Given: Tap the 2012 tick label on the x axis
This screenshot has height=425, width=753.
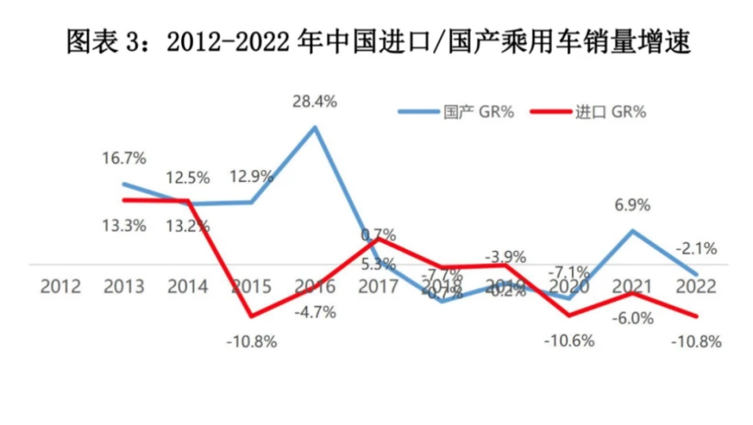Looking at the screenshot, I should pyautogui.click(x=60, y=286).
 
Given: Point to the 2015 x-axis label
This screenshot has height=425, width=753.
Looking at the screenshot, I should pyautogui.click(x=252, y=286).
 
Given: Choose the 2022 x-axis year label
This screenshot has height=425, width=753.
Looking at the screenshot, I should pyautogui.click(x=695, y=286).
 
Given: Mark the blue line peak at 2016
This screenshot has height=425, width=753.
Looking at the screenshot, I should pyautogui.click(x=315, y=127).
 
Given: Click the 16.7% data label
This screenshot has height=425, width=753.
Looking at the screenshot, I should pyautogui.click(x=123, y=158).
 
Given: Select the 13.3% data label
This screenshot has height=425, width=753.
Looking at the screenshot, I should pyautogui.click(x=123, y=226).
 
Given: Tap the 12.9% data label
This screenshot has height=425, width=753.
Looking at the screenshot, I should pyautogui.click(x=251, y=176).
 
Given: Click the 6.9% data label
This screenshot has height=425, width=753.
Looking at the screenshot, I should pyautogui.click(x=632, y=205).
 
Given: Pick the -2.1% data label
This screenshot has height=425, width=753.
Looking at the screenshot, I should pyautogui.click(x=695, y=249).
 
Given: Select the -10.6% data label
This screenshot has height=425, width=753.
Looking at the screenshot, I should pyautogui.click(x=569, y=340).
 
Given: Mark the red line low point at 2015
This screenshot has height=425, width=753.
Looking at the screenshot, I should pyautogui.click(x=252, y=316).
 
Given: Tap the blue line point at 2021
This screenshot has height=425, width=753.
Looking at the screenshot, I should pyautogui.click(x=632, y=231).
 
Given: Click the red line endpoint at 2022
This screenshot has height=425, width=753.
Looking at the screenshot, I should pyautogui.click(x=695, y=316).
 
